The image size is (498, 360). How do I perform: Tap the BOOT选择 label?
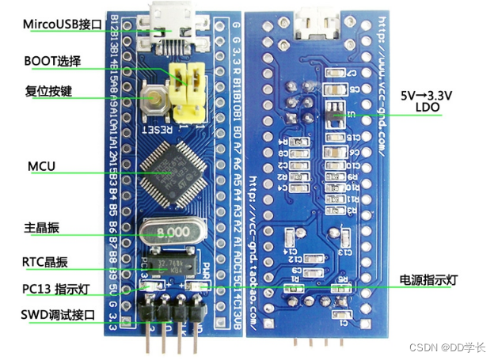[x=52, y=60]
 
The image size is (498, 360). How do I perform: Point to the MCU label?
[x=40, y=167]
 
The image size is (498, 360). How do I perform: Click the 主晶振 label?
[x=44, y=228]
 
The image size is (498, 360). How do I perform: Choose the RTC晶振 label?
[x=45, y=262]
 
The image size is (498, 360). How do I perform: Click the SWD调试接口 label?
[x=58, y=315]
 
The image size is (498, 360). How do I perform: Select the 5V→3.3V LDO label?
[x=427, y=103]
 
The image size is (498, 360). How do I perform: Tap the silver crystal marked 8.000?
[x=173, y=233]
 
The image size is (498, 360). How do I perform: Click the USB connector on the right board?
[x=314, y=25]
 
